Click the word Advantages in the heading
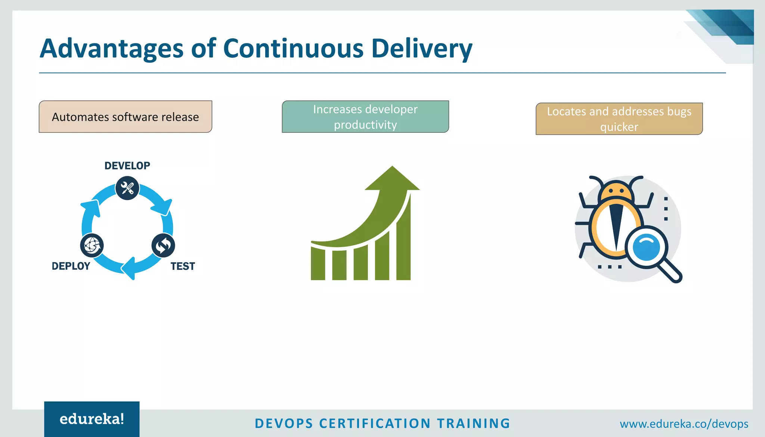(x=111, y=49)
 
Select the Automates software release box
(x=126, y=117)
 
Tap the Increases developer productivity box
(x=365, y=117)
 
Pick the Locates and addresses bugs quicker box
(x=619, y=119)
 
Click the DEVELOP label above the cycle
(x=127, y=166)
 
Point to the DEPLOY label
(x=71, y=266)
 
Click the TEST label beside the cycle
(x=183, y=266)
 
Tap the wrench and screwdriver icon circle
(x=127, y=188)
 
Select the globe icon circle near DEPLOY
(x=92, y=246)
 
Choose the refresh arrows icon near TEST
(x=163, y=246)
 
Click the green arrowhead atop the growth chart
(x=392, y=179)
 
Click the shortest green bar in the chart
(x=318, y=264)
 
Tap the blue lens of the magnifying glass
(x=646, y=247)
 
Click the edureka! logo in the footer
(x=92, y=419)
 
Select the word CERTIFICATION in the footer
(x=375, y=424)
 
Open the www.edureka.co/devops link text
(x=684, y=424)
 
